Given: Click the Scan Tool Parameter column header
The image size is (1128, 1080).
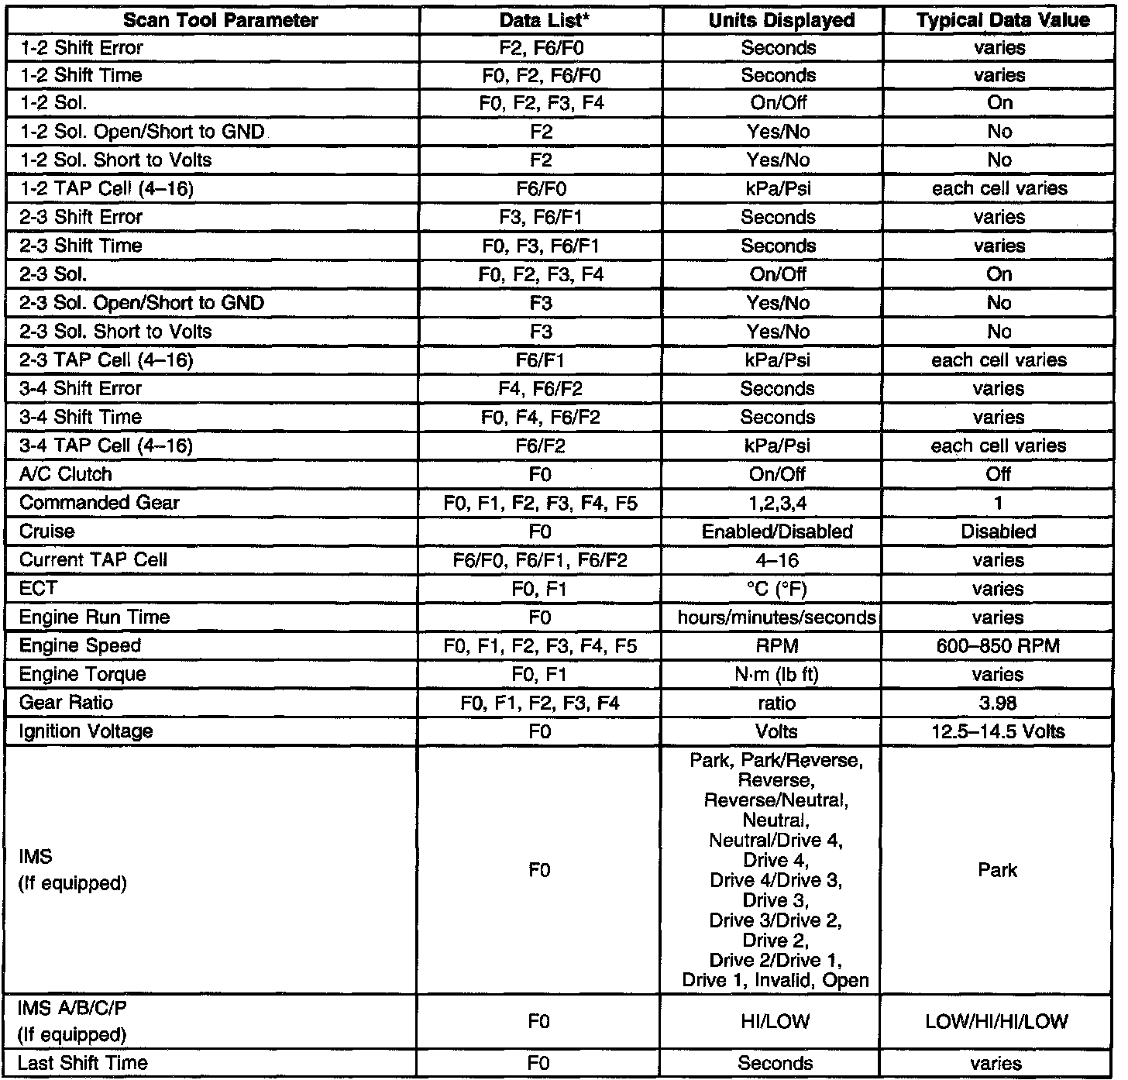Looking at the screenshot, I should tap(221, 20).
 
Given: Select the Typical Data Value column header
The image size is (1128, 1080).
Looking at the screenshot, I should tap(1003, 20).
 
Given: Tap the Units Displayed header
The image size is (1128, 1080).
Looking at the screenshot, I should tap(781, 20).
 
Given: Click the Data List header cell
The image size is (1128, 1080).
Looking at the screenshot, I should tap(541, 20).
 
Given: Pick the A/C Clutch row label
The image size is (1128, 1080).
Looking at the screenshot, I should tap(66, 474).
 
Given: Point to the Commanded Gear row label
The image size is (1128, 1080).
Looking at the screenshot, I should tap(99, 503).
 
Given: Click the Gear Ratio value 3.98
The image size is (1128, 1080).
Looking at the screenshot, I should tap(998, 703).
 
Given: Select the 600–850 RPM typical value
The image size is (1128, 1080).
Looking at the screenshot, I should tap(998, 646).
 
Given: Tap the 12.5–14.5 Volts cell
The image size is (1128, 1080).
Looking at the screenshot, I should tap(998, 731).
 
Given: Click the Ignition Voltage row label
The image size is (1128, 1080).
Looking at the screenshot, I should tap(86, 731).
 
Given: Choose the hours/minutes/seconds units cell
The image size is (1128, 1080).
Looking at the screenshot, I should tap(777, 617).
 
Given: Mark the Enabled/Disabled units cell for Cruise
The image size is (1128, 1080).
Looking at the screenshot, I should tap(777, 531).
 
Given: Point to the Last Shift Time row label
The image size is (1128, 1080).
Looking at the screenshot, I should tap(82, 1063).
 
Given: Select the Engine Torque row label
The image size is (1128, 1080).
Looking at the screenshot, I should tap(82, 674).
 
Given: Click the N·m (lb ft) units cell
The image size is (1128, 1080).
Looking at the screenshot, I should tap(776, 674).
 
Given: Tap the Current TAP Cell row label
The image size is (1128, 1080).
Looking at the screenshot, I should tap(93, 560).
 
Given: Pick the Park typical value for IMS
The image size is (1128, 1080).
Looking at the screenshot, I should tap(997, 870).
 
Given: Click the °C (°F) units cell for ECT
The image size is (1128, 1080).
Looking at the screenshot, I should tap(776, 589).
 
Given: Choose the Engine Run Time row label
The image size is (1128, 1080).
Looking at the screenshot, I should tap(94, 617).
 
